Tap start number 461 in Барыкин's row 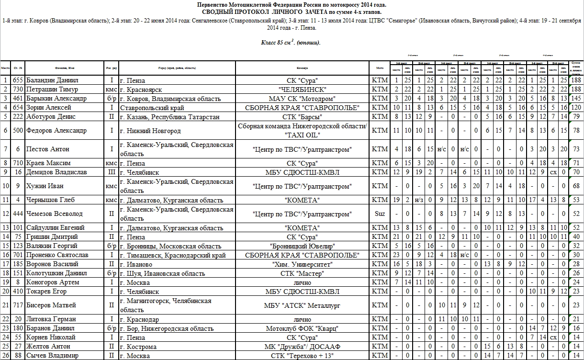pos(18,99)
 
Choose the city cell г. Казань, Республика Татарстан pos(169,117)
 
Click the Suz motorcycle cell pos(380,214)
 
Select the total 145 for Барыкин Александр pos(576,99)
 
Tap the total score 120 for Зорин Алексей pos(576,108)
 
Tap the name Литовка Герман pos(49,319)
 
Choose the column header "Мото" pos(380,67)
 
